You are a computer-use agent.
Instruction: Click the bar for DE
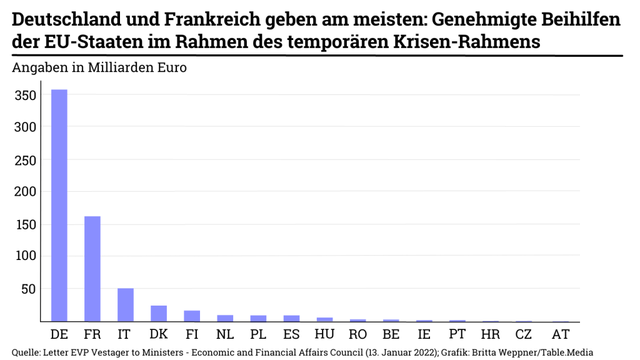pyautogui.click(x=59, y=206)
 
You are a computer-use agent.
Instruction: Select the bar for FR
pyautogui.click(x=92, y=269)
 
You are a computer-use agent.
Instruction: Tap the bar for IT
pyautogui.click(x=126, y=305)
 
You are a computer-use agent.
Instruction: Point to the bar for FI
pyautogui.click(x=192, y=316)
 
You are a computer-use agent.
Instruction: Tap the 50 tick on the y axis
pyautogui.click(x=30, y=289)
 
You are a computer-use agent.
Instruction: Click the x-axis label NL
pyautogui.click(x=225, y=334)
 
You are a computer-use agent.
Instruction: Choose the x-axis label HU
pyautogui.click(x=324, y=334)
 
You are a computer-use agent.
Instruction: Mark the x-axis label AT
pyautogui.click(x=561, y=334)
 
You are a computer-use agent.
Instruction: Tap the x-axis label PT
pyautogui.click(x=457, y=334)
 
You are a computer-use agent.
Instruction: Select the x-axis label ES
pyautogui.click(x=291, y=334)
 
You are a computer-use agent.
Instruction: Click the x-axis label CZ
pyautogui.click(x=523, y=334)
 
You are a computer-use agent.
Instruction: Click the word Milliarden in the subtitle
pyautogui.click(x=117, y=67)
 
